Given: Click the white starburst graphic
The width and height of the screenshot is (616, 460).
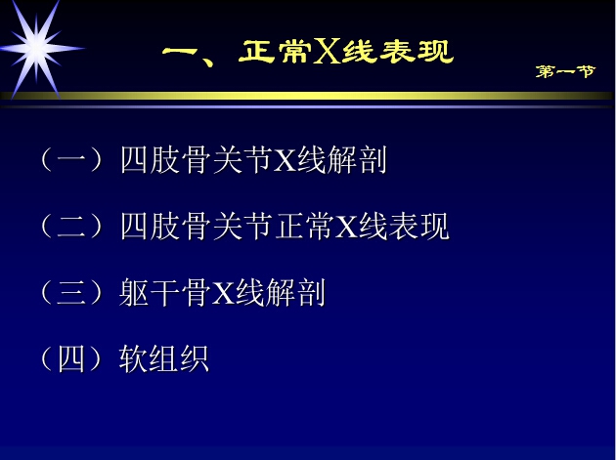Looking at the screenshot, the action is pyautogui.click(x=36, y=49).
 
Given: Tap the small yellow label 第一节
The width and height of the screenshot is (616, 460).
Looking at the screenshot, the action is pyautogui.click(x=566, y=71).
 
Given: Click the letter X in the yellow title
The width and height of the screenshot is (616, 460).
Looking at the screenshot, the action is pyautogui.click(x=327, y=52).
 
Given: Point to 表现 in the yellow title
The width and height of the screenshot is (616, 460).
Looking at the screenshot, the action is pyautogui.click(x=417, y=52).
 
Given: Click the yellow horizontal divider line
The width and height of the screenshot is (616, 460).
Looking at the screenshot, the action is pyautogui.click(x=306, y=96).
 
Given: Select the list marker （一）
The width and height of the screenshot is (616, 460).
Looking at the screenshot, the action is pyautogui.click(x=71, y=159).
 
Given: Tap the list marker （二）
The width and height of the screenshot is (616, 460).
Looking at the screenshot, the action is pyautogui.click(x=71, y=226).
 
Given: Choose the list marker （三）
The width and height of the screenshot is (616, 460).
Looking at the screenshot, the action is pyautogui.click(x=71, y=292).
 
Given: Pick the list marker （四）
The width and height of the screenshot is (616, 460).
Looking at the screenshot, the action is pyautogui.click(x=71, y=358).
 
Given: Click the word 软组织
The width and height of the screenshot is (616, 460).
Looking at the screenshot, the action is pyautogui.click(x=164, y=358).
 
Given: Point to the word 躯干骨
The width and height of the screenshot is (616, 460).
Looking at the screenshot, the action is pyautogui.click(x=164, y=292).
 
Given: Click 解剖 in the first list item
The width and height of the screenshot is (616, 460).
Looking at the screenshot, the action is pyautogui.click(x=357, y=159).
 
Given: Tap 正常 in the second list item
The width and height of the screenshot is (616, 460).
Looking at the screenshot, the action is pyautogui.click(x=304, y=226).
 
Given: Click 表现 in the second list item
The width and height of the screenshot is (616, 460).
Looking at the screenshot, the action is pyautogui.click(x=419, y=226).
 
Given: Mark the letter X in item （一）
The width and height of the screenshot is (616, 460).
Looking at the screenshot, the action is pyautogui.click(x=285, y=160).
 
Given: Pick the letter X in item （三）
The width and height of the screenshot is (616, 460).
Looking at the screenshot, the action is pyautogui.click(x=224, y=293).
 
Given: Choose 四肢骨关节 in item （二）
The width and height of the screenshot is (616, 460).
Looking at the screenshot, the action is pyautogui.click(x=196, y=226).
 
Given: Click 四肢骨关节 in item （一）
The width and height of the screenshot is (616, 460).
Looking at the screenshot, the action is pyautogui.click(x=196, y=159).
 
